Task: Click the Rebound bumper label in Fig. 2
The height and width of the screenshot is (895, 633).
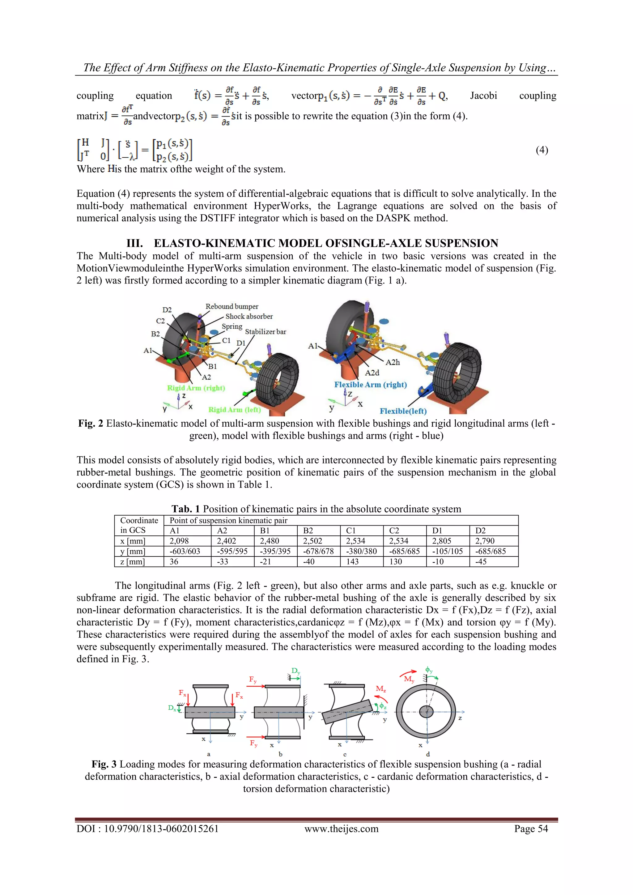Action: click(x=232, y=306)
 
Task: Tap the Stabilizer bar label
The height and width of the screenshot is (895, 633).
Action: click(x=266, y=332)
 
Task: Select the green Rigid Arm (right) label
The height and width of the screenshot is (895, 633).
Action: click(x=196, y=388)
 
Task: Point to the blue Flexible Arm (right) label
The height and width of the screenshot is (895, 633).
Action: click(x=370, y=385)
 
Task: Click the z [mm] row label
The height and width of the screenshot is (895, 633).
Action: click(x=133, y=562)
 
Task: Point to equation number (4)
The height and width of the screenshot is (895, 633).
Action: click(x=542, y=150)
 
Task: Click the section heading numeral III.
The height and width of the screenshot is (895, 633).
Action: click(x=134, y=243)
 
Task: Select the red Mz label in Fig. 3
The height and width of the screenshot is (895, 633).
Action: click(x=380, y=689)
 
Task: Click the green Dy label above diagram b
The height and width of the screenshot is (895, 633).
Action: click(x=295, y=671)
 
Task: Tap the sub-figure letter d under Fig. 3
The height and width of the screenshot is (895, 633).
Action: click(x=427, y=754)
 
